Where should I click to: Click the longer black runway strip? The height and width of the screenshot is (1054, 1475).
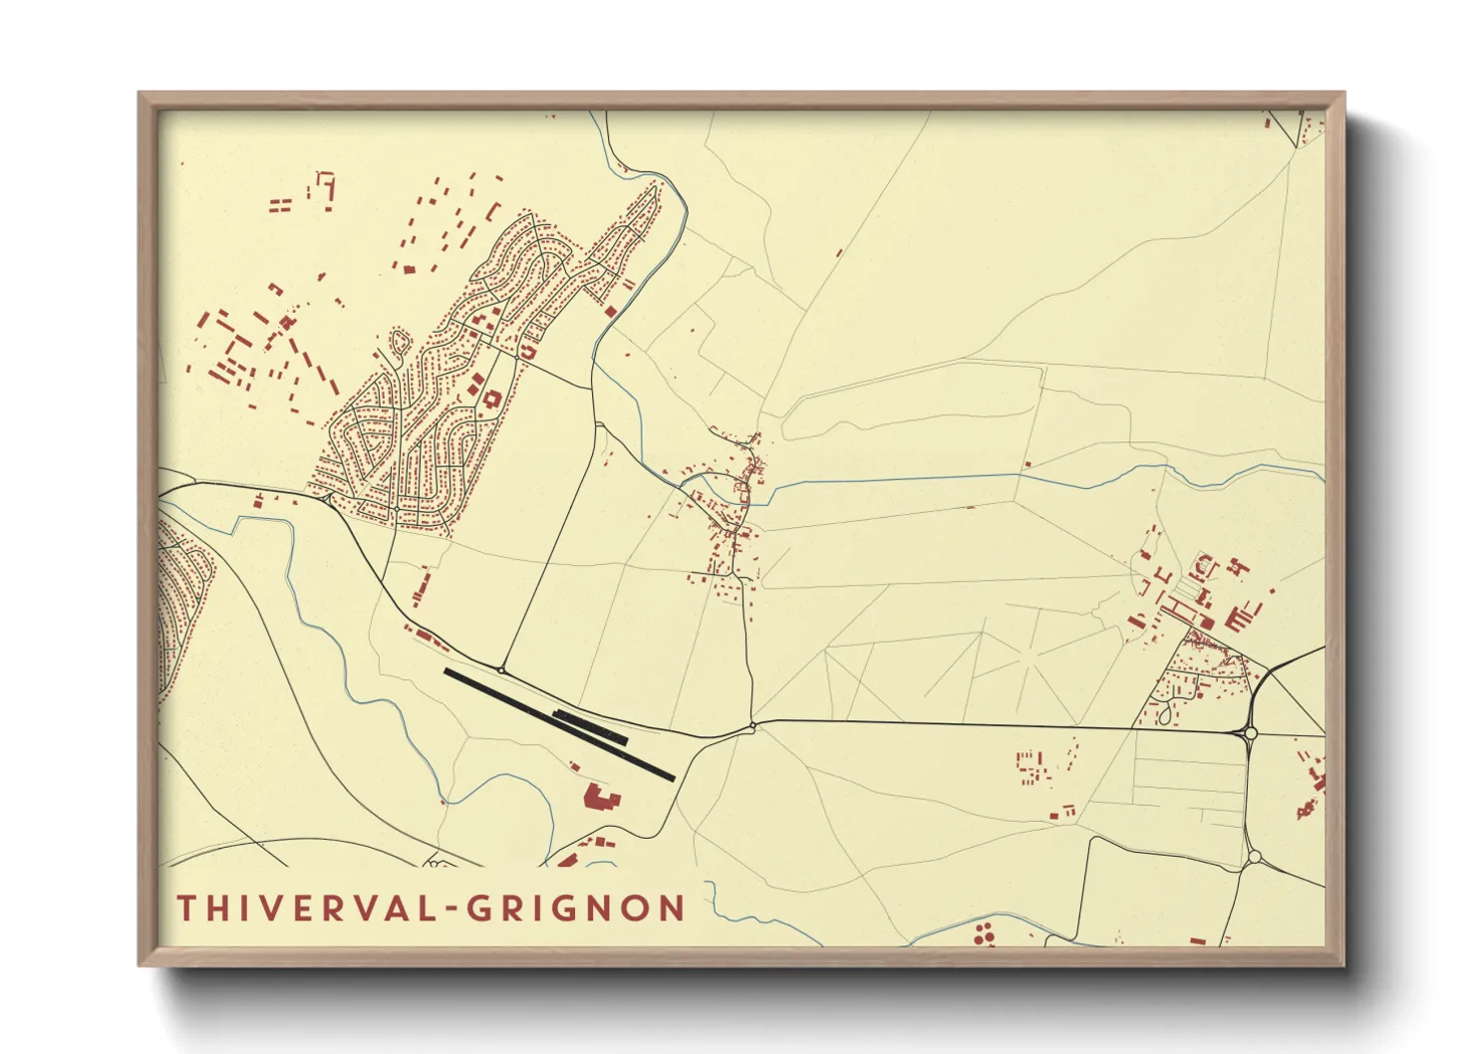click(558, 724)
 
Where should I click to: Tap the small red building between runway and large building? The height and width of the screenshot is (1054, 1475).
click(574, 766)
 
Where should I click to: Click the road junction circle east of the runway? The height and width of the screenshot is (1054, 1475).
click(753, 726)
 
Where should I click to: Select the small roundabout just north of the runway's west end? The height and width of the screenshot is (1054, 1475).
click(501, 670)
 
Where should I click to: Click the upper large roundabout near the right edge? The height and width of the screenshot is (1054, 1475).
click(1250, 733)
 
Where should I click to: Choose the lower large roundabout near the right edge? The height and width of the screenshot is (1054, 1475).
click(1254, 856)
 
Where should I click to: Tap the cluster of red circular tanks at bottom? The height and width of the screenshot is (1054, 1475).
click(984, 933)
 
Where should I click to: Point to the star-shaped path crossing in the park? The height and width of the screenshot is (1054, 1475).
click(1027, 659)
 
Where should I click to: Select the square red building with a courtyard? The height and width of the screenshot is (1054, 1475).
click(491, 398)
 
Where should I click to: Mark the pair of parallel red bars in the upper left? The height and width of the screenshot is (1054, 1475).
click(280, 206)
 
